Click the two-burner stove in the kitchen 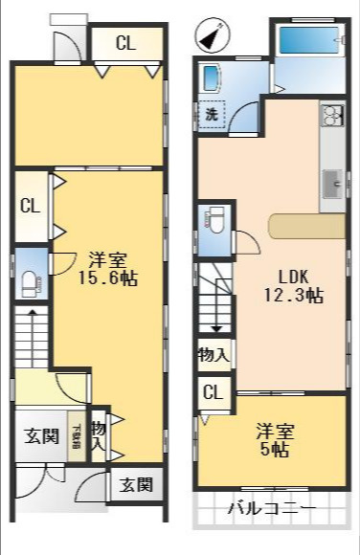point(332,117)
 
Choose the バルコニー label point(270,508)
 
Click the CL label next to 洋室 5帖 point(213,392)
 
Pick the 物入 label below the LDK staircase point(213,355)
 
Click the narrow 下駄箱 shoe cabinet point(74,437)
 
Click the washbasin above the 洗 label point(212,80)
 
